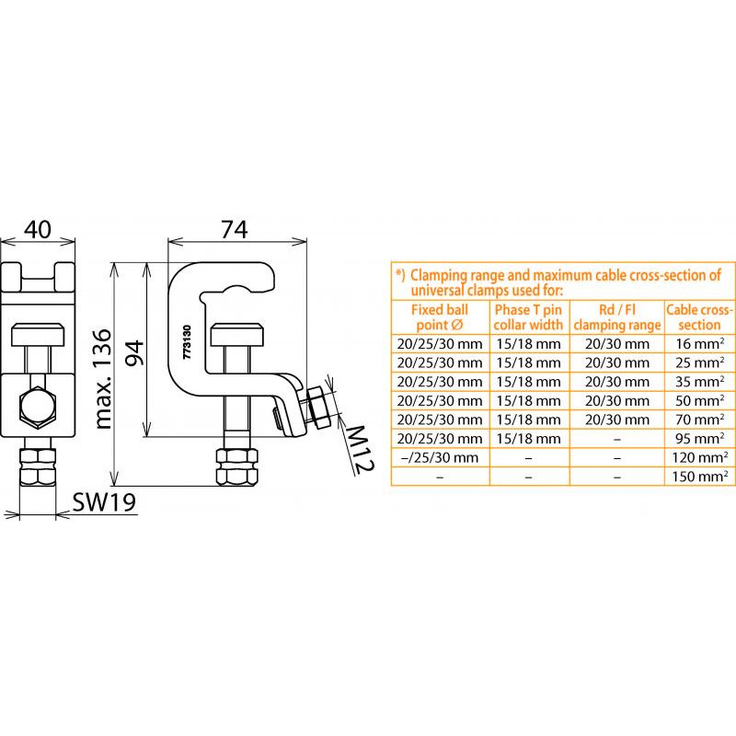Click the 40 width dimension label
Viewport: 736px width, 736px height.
tap(38, 229)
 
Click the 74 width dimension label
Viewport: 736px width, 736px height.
tap(235, 229)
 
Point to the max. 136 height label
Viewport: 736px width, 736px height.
tap(104, 379)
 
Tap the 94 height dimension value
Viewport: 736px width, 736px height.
tap(133, 352)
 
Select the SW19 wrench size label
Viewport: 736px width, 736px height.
tap(104, 502)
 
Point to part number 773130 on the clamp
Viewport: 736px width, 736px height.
tap(187, 342)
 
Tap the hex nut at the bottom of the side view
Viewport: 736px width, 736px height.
tap(237, 467)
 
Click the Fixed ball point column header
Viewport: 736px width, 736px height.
tap(440, 317)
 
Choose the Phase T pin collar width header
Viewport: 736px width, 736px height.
tap(528, 317)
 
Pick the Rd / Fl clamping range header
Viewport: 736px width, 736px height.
tap(616, 317)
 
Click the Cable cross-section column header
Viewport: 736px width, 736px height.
tap(699, 317)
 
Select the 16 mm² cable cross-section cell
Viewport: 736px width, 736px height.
tap(700, 343)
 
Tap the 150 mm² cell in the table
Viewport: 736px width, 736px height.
tap(699, 477)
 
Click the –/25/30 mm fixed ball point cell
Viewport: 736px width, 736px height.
tap(440, 457)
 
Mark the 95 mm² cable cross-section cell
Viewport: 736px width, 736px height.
tap(700, 439)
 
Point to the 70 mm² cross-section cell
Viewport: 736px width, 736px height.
tap(700, 420)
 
